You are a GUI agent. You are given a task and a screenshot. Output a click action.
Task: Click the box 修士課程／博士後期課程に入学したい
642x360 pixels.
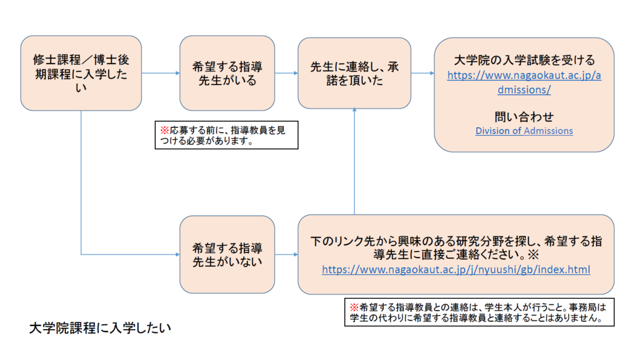81,73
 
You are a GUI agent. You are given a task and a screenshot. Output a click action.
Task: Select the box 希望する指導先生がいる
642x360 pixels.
227,73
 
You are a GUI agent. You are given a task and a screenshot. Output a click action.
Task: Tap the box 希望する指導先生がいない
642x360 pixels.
227,254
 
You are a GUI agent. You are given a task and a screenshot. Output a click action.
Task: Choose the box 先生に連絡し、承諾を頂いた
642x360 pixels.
354,73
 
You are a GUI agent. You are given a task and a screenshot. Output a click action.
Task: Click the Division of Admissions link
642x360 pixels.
523,131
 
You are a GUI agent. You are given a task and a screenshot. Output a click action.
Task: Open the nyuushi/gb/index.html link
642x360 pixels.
456,270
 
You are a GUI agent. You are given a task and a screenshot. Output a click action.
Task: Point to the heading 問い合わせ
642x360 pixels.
523,116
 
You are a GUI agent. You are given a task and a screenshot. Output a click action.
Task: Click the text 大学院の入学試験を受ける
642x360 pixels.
523,61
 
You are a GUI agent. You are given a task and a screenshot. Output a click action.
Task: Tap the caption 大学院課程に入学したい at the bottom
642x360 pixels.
100,327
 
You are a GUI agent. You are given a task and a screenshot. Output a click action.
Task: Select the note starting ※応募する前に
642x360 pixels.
226,135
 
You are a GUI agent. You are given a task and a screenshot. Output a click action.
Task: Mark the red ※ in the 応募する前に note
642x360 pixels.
164,130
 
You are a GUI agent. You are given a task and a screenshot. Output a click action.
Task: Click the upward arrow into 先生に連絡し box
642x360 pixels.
354,161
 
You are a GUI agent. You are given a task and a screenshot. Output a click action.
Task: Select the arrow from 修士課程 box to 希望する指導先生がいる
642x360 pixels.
160,73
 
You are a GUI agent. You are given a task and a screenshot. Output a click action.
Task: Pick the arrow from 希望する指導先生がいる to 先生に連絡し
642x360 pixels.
286,73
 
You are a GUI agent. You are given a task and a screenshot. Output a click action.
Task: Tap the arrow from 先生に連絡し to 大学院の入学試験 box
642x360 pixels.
422,73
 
